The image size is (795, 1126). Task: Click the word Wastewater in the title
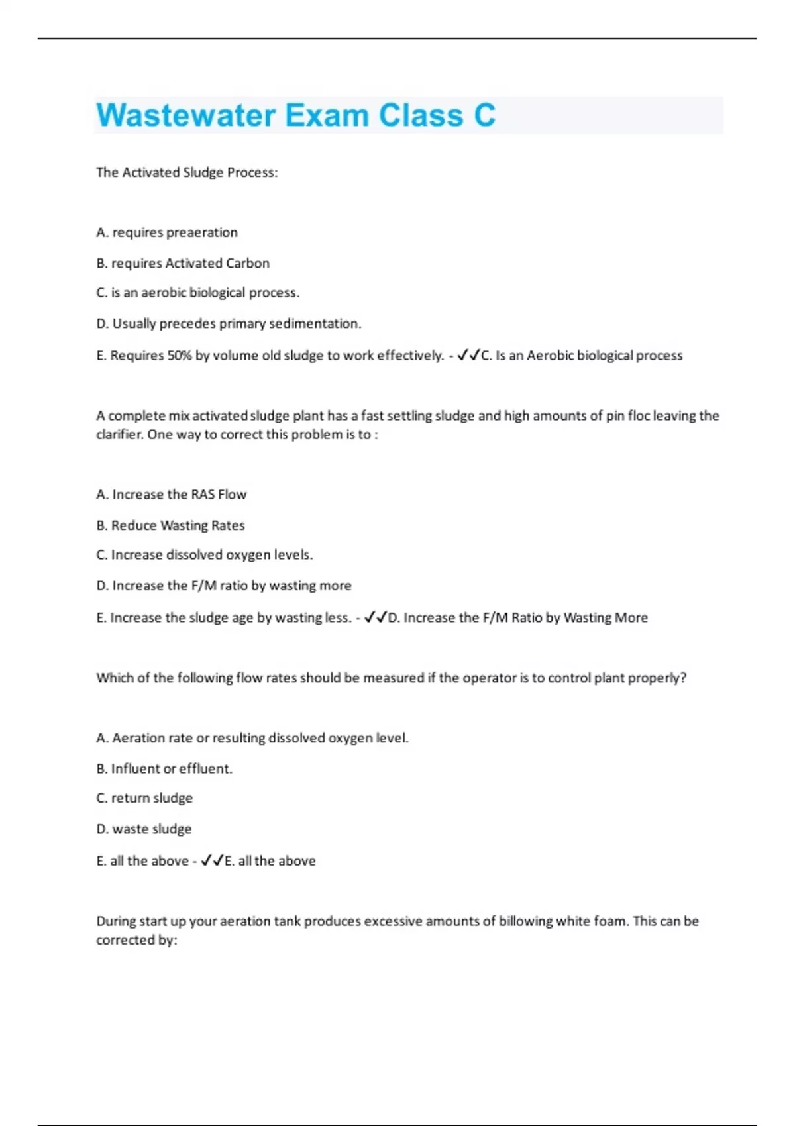pos(185,115)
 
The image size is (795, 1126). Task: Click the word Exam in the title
pos(327,115)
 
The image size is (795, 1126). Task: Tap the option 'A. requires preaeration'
pos(167,232)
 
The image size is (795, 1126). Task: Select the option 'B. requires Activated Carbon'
pos(183,263)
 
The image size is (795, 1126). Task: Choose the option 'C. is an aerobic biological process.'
pos(198,293)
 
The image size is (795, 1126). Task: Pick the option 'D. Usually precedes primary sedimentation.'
pos(229,323)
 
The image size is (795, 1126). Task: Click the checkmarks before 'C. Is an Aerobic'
pos(468,355)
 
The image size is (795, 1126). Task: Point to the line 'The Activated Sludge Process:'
pos(187,172)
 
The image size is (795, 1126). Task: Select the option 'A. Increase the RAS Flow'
pos(171,495)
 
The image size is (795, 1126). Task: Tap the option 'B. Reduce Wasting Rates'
pos(170,525)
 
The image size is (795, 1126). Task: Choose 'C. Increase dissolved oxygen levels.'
pos(205,555)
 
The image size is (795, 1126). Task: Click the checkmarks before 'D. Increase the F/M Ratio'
pos(376,617)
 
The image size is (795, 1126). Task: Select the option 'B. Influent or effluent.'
pos(164,769)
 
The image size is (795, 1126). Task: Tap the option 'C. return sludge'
pos(144,798)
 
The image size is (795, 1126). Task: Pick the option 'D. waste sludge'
pos(144,829)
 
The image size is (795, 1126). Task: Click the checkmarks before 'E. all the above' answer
pos(212,860)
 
